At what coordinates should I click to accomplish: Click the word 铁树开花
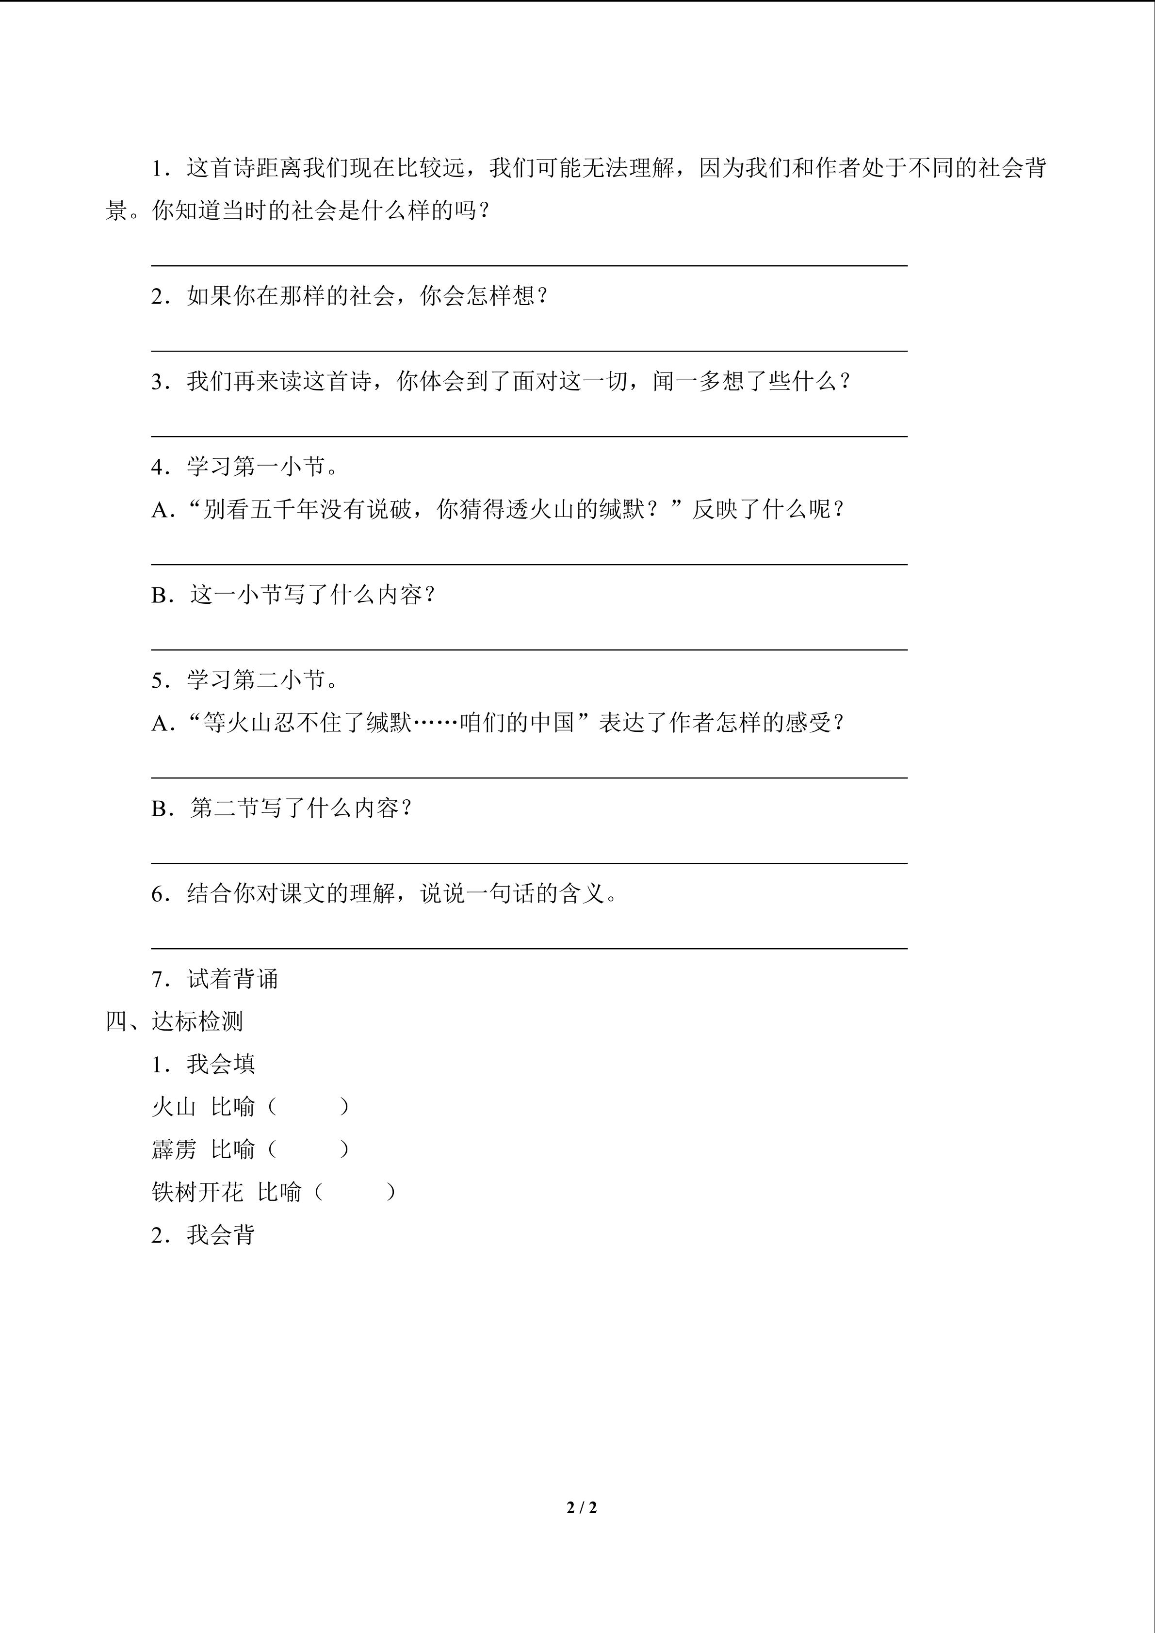tap(197, 1192)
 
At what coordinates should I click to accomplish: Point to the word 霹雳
tap(174, 1149)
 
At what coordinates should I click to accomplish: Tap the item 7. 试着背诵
tap(214, 979)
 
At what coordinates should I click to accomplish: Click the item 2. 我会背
tap(203, 1235)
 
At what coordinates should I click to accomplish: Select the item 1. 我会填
tap(203, 1064)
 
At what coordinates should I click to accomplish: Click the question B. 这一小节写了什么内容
tap(293, 595)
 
